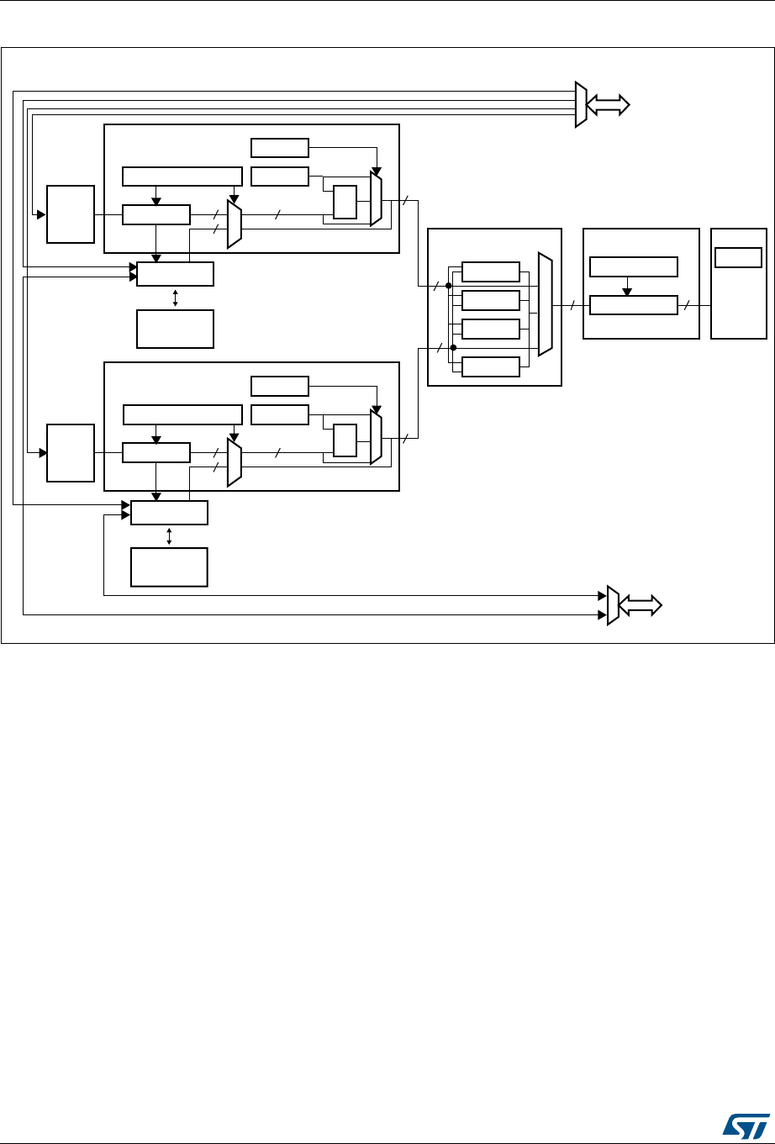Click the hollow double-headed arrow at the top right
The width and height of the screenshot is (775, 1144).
point(608,104)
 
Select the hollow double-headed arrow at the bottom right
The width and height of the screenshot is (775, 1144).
point(641,605)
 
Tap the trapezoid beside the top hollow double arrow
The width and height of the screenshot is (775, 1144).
point(580,104)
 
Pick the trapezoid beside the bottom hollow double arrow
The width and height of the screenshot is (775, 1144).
point(613,605)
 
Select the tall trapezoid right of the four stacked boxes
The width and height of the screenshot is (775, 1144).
point(546,307)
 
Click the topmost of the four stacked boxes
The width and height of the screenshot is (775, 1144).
point(491,272)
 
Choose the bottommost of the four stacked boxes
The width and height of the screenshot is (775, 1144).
point(491,366)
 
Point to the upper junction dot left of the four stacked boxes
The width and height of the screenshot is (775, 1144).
point(449,286)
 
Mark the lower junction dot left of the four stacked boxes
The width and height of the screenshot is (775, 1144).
point(453,347)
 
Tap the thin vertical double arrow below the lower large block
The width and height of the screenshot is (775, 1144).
point(170,535)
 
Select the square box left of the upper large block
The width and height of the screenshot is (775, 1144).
point(71,215)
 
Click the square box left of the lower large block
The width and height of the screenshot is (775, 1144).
point(71,453)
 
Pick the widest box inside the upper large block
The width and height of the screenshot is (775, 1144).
point(182,177)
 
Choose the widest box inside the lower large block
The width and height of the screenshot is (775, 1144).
point(182,414)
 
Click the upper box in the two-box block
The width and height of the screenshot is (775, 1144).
point(634,267)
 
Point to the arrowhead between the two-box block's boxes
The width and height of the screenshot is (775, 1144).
point(626,292)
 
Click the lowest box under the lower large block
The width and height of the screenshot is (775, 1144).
point(169,567)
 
